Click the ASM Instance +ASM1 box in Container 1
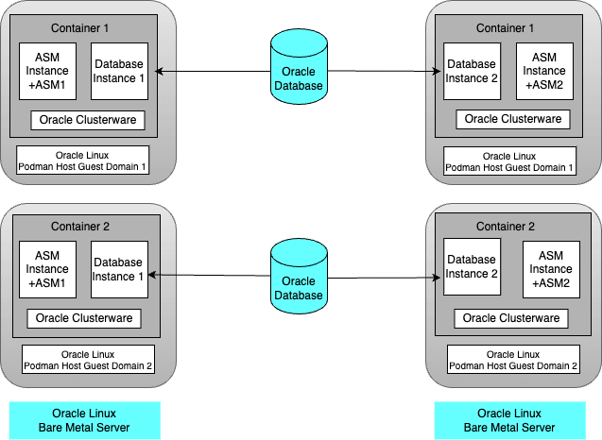[x=48, y=71]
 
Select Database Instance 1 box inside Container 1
[x=120, y=71]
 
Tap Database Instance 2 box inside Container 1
[x=472, y=71]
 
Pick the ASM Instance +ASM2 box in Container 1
[x=543, y=71]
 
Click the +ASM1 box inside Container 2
[x=48, y=269]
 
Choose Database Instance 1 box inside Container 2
[x=118, y=269]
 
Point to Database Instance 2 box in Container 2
[x=472, y=269]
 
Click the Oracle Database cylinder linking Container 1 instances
[x=299, y=67]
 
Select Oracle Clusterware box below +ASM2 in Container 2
[x=511, y=318]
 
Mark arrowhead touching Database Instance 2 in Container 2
[x=438, y=279]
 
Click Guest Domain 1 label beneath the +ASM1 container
[x=84, y=160]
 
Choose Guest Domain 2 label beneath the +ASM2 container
[x=512, y=359]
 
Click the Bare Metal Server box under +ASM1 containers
[x=84, y=421]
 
